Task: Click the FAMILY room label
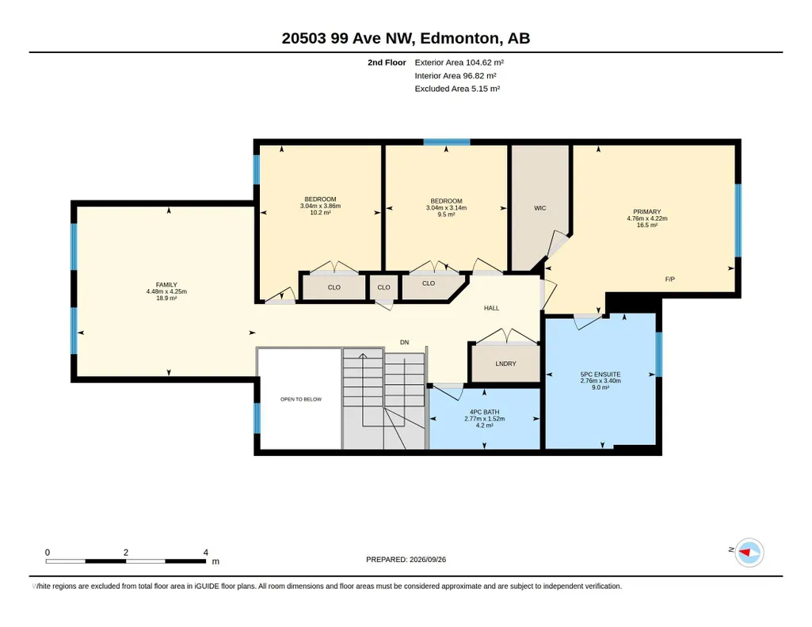[x=166, y=285]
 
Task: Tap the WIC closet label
[x=540, y=208]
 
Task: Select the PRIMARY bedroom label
[x=646, y=211]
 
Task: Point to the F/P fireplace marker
[x=670, y=279]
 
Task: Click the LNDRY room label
[x=506, y=363]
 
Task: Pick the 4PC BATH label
[x=485, y=412]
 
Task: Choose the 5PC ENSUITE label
[x=600, y=374]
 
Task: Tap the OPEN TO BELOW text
[x=301, y=399]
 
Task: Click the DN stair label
[x=405, y=343]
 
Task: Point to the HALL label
[x=491, y=308]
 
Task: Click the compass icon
[x=749, y=553]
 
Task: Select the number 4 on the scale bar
[x=206, y=553]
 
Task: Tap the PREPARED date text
[x=406, y=559]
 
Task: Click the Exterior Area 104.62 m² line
[x=459, y=63]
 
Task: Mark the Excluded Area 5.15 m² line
[x=457, y=89]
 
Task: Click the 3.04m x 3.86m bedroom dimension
[x=321, y=206]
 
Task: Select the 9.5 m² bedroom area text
[x=446, y=215]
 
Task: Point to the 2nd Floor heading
[x=387, y=63]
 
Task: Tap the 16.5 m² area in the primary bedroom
[x=647, y=225]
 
